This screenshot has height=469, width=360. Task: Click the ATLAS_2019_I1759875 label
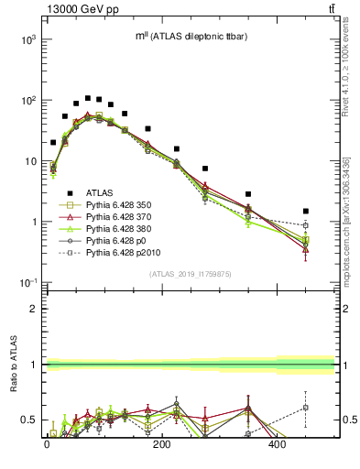click(191, 274)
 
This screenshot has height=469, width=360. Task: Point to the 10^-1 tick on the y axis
click(27, 283)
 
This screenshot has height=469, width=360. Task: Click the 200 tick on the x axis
click(162, 445)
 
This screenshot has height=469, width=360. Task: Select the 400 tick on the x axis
click(278, 445)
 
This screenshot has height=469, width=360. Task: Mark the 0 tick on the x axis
click(47, 445)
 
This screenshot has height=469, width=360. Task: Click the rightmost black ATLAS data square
click(306, 211)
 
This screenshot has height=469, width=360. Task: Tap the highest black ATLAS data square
click(87, 98)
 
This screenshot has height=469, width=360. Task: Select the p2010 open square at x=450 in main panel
click(306, 225)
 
